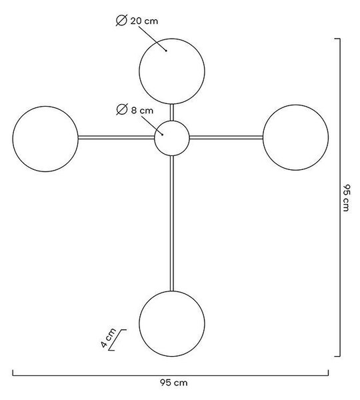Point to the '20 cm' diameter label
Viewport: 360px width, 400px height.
click(144, 21)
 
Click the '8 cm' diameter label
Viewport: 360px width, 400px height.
click(142, 111)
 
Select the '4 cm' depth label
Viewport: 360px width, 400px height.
click(108, 338)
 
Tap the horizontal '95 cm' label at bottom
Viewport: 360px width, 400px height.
click(174, 383)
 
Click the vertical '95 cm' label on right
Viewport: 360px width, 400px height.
click(346, 198)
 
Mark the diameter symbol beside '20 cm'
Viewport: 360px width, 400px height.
click(121, 21)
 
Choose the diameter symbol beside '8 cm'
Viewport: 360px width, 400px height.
click(122, 109)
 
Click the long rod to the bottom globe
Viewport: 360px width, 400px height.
click(172, 223)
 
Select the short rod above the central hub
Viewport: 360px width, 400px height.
click(172, 113)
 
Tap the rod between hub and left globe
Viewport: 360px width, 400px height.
click(116, 137)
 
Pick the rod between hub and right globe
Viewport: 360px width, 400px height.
click(226, 137)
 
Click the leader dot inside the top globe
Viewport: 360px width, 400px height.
click(166, 51)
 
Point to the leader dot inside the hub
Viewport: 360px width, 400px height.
click(162, 135)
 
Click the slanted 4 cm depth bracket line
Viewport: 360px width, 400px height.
click(117, 340)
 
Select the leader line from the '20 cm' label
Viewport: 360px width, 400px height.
click(153, 38)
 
